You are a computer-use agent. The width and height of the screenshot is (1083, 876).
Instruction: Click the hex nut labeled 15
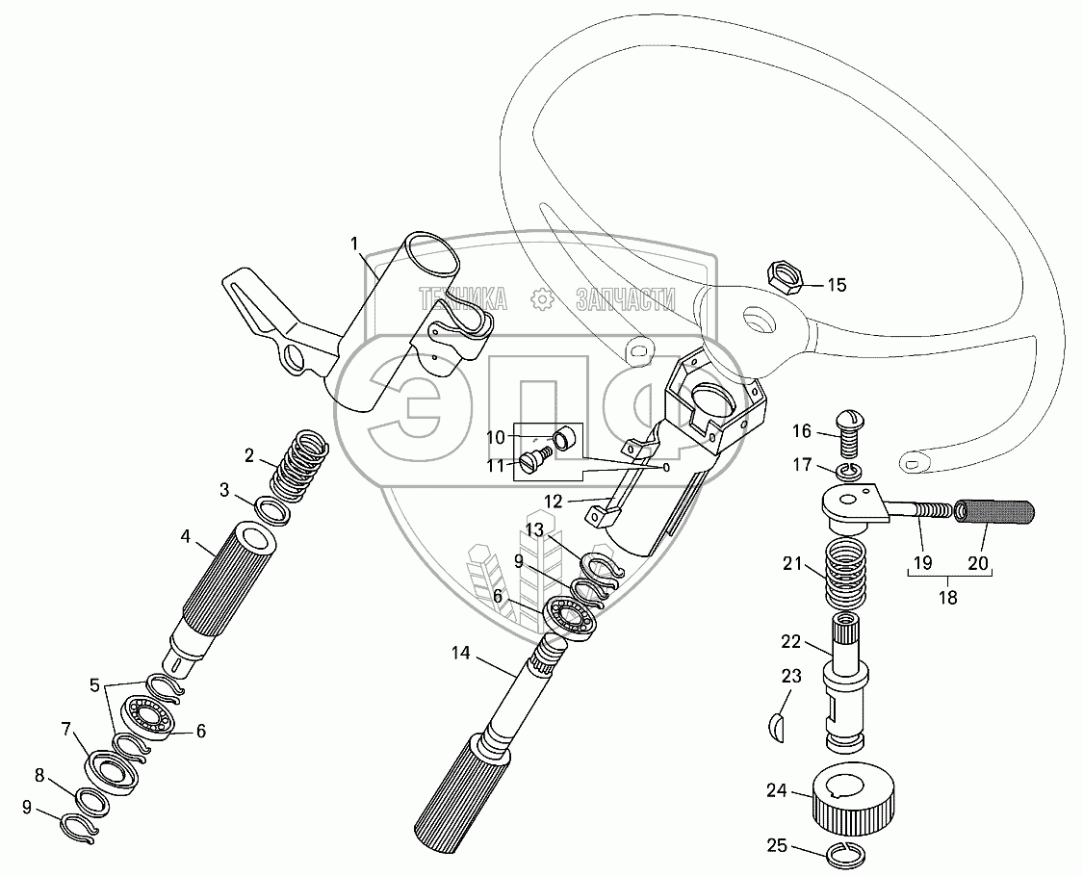pos(785,277)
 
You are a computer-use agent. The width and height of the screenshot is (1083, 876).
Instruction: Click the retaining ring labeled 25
pos(846,851)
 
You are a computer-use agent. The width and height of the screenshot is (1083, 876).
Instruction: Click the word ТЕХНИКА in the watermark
pos(461,300)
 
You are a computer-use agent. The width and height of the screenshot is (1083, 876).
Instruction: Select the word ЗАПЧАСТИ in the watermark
pos(625,300)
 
